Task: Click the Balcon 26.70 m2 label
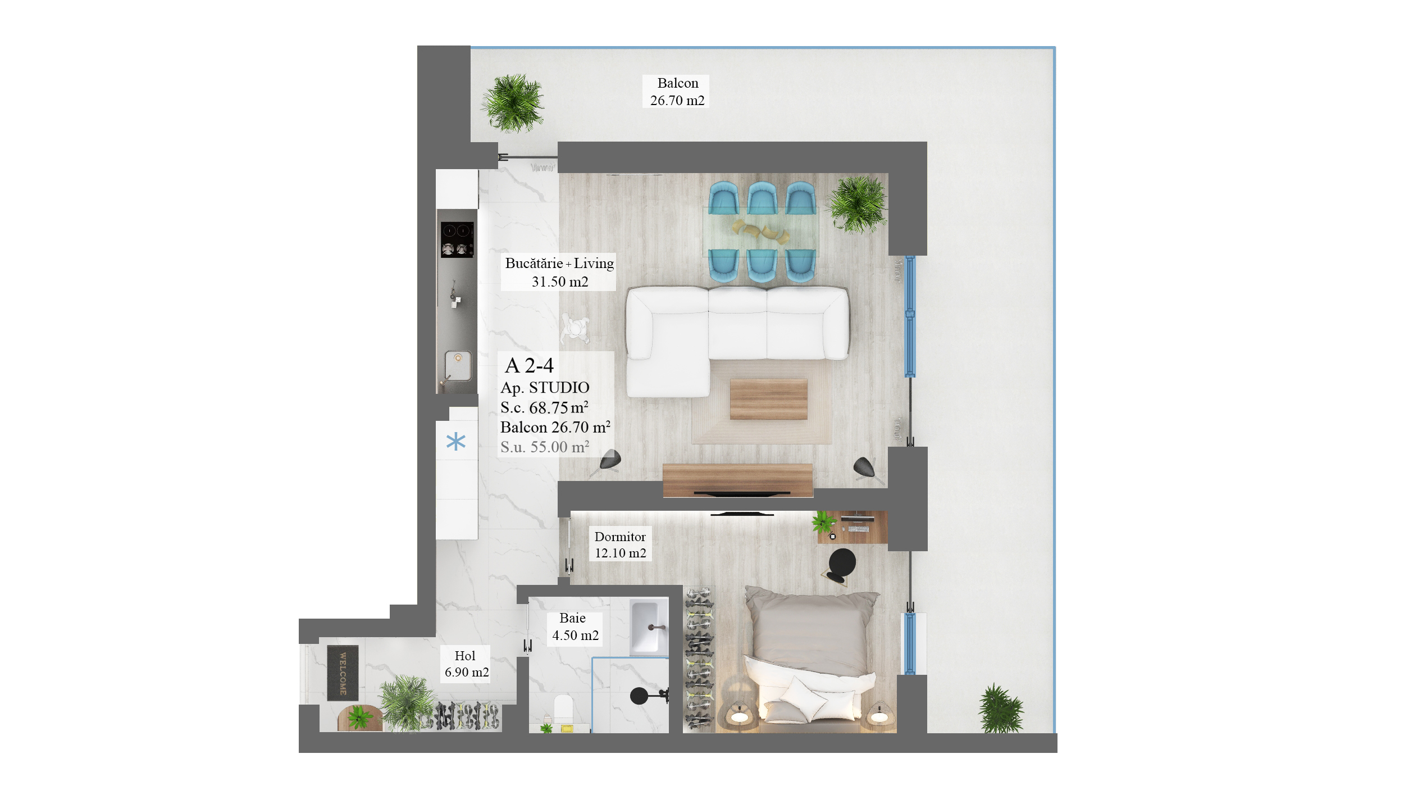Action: tap(677, 92)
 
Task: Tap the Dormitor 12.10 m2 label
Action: tap(620, 544)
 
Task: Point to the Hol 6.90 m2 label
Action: tap(466, 664)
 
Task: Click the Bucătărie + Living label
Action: tap(559, 264)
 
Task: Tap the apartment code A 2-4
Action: tap(529, 366)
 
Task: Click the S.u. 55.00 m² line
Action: tap(545, 447)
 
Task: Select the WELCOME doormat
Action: tap(343, 673)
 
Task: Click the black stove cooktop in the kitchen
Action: tap(457, 239)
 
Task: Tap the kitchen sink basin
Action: tap(458, 365)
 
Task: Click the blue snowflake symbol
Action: tap(456, 442)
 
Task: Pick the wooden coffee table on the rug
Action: tap(768, 399)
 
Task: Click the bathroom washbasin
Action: tap(649, 627)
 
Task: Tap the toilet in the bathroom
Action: tap(563, 711)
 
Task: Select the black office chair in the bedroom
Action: tap(841, 565)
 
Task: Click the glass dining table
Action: tap(760, 231)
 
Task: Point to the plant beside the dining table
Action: tap(858, 204)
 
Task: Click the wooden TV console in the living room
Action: tap(737, 480)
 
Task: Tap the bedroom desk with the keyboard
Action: tap(853, 527)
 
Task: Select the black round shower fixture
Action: tap(639, 696)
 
